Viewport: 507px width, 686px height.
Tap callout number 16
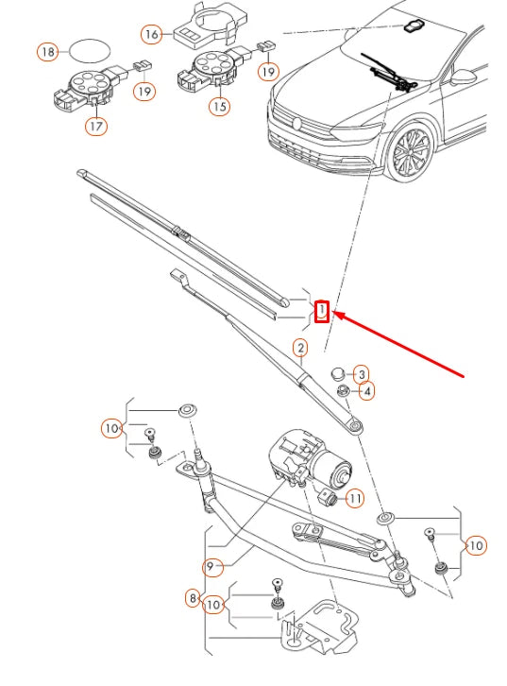point(152,34)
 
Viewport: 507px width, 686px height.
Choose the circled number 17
point(96,125)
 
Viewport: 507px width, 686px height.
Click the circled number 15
point(219,107)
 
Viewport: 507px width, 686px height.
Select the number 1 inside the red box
point(322,310)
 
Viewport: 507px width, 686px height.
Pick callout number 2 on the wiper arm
point(299,349)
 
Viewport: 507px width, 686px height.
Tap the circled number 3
point(361,375)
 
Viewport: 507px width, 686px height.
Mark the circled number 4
point(365,390)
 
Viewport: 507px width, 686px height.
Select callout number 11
point(354,498)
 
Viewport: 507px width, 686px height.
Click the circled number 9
point(214,567)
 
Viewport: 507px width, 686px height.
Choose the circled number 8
point(194,598)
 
